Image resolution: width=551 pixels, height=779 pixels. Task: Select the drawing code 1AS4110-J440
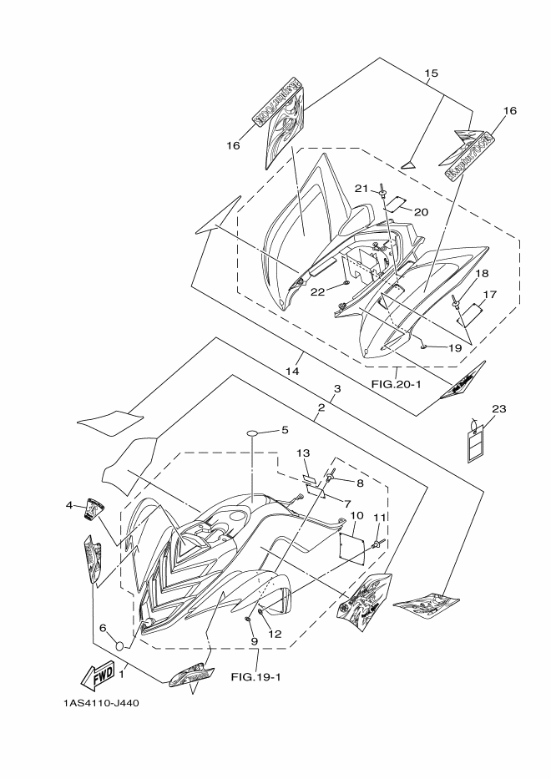tap(100, 702)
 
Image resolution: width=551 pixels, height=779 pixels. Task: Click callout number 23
tap(498, 408)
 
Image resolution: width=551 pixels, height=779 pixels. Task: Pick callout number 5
tap(284, 430)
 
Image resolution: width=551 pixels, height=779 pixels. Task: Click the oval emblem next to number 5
tap(257, 432)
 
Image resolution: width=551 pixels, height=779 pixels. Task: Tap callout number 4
tap(70, 505)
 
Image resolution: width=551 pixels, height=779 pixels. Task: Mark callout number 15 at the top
tap(431, 73)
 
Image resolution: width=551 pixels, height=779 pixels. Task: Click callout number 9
tap(250, 640)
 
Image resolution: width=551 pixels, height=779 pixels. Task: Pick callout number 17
tap(490, 294)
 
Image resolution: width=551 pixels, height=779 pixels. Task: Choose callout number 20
tap(421, 211)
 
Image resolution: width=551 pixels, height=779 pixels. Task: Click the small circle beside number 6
tap(120, 645)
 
